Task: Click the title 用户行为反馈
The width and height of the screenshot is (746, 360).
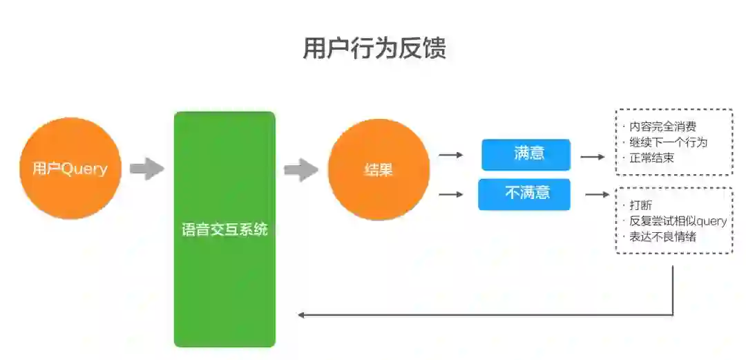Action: tap(374, 48)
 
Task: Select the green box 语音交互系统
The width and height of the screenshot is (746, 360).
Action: tap(224, 229)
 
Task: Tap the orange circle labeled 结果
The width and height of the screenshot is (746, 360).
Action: tap(379, 170)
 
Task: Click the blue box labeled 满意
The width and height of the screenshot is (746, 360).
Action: tap(526, 154)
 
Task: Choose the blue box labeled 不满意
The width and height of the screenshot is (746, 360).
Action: tap(524, 194)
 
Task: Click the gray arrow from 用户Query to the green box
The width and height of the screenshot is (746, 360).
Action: tap(146, 169)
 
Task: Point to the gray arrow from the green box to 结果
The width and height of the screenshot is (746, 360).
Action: tap(301, 170)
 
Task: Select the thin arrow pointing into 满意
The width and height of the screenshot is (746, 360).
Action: tap(451, 155)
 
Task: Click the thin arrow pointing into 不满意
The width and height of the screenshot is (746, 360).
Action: tap(451, 194)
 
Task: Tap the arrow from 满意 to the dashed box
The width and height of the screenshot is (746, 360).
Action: tap(592, 157)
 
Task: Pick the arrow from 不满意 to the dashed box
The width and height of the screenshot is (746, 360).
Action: tap(597, 195)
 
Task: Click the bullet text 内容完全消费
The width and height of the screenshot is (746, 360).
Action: tap(662, 126)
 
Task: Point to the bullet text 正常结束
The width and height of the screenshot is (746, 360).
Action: tap(651, 158)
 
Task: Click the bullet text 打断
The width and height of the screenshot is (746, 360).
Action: tap(640, 205)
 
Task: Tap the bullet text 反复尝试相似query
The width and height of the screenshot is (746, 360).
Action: tap(678, 221)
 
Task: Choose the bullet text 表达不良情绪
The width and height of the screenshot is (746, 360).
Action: tap(662, 237)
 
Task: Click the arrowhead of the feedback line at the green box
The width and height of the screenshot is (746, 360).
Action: tap(301, 315)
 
